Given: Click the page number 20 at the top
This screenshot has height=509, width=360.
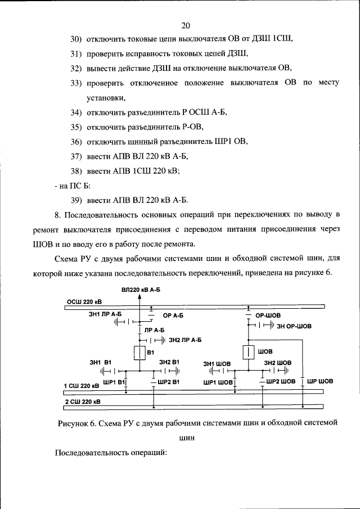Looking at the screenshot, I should coord(186,25).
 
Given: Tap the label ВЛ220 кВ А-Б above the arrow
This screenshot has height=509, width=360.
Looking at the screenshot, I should coord(141,290).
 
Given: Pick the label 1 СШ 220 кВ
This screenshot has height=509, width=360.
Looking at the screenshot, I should coord(82,386).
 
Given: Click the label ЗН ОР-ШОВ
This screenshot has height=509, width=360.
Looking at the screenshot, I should coord(295,326).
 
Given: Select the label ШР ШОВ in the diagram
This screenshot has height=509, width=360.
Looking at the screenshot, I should coord(320,381).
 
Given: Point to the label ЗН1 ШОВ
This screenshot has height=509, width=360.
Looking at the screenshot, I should coord(217,363).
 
